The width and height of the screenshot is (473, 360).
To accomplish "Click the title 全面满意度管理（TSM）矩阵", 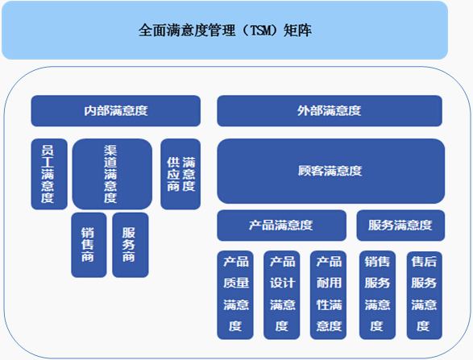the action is pos(225,31).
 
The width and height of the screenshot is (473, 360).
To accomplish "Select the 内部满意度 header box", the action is pos(116,110).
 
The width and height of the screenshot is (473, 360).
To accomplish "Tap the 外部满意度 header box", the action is pos(330,110).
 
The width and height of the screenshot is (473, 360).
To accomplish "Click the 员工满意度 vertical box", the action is pos(49,174).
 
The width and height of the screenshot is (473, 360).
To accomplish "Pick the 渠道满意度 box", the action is pos(112,174).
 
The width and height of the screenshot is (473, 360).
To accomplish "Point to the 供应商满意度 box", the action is pos(180,174).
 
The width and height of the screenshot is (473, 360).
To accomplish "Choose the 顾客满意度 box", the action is pos(331,171).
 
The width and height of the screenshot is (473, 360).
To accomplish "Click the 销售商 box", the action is pos(89,245).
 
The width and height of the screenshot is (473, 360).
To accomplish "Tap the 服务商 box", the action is pos(131,245).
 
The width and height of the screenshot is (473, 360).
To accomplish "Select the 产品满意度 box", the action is pos(282,226).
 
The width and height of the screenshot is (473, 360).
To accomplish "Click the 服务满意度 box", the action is pos(400,226).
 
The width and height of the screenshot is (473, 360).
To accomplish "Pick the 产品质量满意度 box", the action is pos(235,295).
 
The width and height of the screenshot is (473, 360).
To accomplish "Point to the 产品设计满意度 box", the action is pos(282,295).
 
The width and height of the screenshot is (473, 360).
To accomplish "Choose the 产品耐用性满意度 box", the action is pos(328,295).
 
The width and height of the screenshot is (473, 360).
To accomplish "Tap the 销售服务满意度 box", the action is pos(377,295).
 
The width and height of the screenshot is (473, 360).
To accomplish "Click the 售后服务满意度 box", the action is pos(425,295).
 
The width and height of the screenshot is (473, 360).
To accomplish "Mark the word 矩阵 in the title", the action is pos(297,31).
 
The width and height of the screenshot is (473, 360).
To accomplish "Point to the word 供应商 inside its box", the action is pos(173,174).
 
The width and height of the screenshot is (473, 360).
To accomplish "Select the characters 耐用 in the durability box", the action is pos(329,283).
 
